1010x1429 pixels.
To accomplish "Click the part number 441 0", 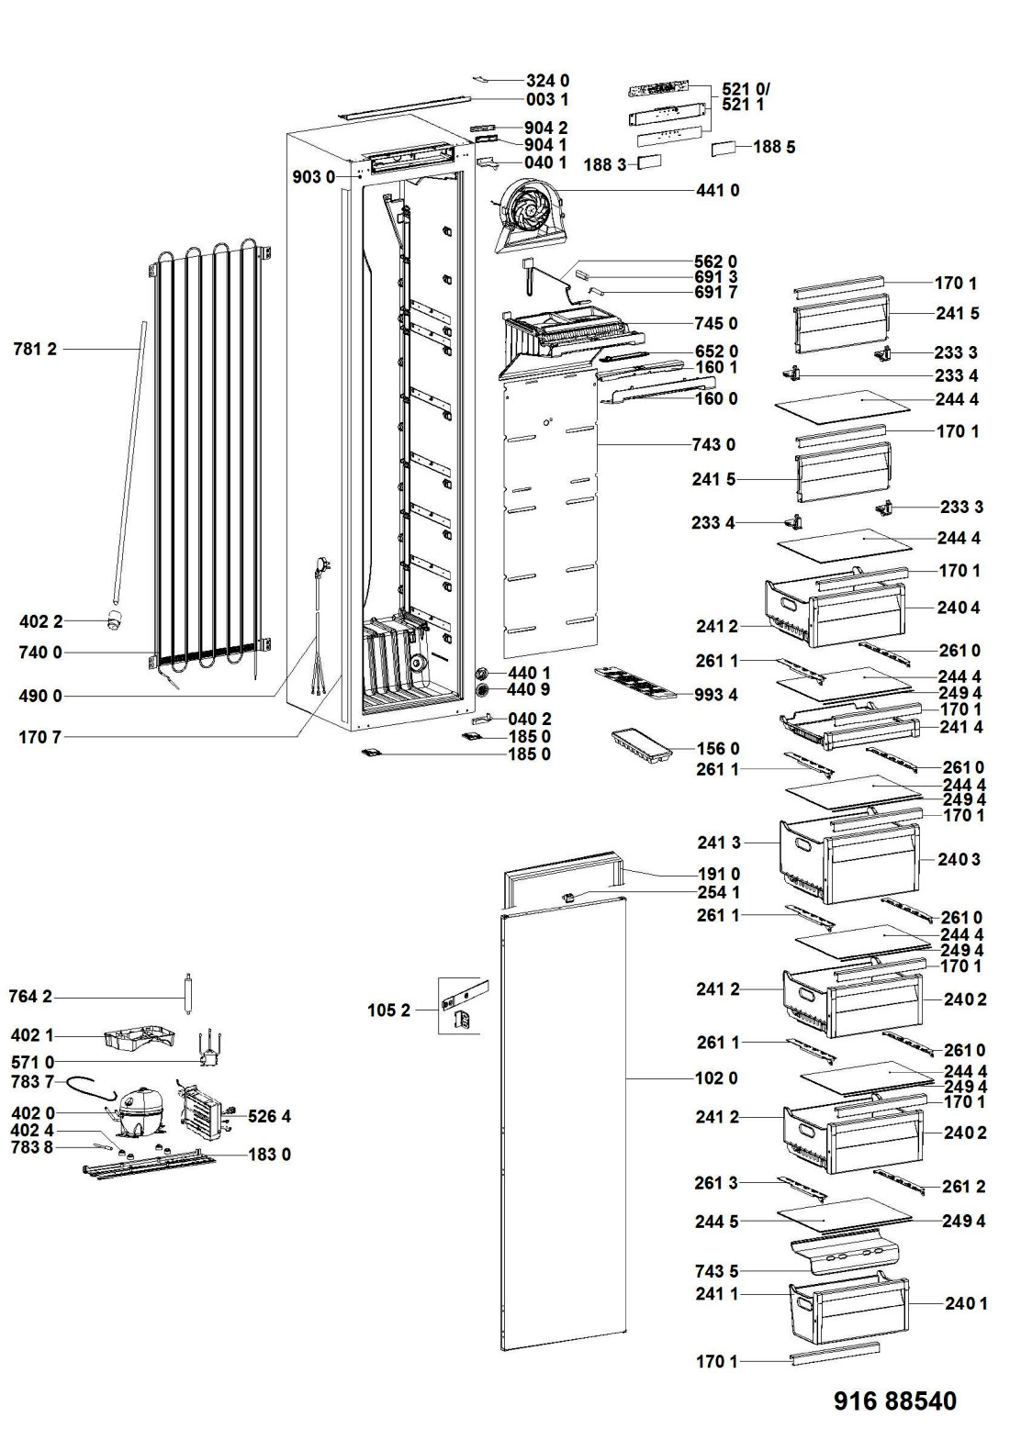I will [x=717, y=190].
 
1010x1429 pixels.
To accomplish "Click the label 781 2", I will [x=35, y=349].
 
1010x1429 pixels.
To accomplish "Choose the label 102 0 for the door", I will [x=717, y=1077].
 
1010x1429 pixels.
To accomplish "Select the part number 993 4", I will [x=717, y=695].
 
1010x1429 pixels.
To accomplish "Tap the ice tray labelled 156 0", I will [x=643, y=742].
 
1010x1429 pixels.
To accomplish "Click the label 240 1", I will [x=965, y=1302].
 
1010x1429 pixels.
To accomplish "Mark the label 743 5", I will [x=717, y=1271].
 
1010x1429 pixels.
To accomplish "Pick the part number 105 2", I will [x=388, y=1010].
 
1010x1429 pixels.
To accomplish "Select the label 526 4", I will [x=269, y=1116].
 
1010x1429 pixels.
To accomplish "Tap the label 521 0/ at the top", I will [x=746, y=89].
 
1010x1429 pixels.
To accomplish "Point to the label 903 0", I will [x=313, y=176].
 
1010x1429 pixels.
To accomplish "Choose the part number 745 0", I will [x=717, y=323].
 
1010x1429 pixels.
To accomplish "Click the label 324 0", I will [x=547, y=81].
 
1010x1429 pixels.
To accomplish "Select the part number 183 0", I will [x=269, y=1154].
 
